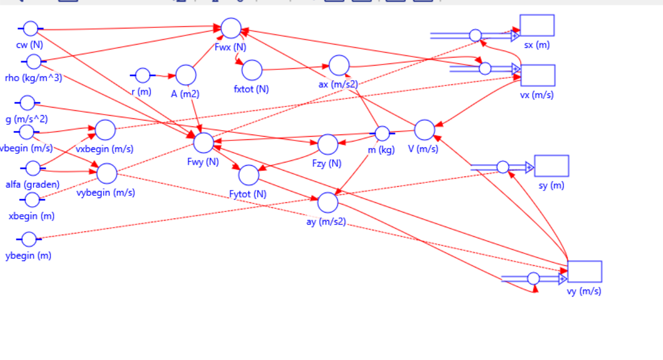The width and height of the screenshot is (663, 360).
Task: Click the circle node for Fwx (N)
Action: pos(231,28)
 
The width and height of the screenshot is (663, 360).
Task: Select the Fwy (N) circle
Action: pos(203,143)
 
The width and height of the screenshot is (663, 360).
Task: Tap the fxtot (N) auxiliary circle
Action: pos(252,70)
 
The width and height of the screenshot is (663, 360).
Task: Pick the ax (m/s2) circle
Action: pos(339,66)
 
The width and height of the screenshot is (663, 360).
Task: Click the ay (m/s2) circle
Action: pos(328,202)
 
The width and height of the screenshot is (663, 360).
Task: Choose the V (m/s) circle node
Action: pos(424,130)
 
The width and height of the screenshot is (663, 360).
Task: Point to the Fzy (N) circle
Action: pos(327,144)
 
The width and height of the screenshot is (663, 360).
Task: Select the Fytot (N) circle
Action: pos(248,175)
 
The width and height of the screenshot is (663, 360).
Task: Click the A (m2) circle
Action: pos(186,75)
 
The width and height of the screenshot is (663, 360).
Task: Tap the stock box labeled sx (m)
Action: pos(537,26)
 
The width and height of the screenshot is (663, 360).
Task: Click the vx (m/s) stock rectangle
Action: pos(537,75)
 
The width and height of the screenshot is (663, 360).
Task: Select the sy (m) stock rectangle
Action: pos(551,166)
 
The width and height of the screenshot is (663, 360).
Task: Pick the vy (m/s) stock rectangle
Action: pos(584,272)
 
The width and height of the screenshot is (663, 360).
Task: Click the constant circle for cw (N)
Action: pos(31,29)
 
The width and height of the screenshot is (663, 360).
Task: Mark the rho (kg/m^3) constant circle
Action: pos(33,62)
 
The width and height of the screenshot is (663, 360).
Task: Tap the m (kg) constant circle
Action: pos(382,133)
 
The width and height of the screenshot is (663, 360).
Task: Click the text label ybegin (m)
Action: pos(28,256)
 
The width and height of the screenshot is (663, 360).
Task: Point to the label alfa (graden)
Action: pos(32,185)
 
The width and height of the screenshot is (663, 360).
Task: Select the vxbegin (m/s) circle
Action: pos(105,130)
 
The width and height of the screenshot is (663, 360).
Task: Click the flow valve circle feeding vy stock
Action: pos(533,278)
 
